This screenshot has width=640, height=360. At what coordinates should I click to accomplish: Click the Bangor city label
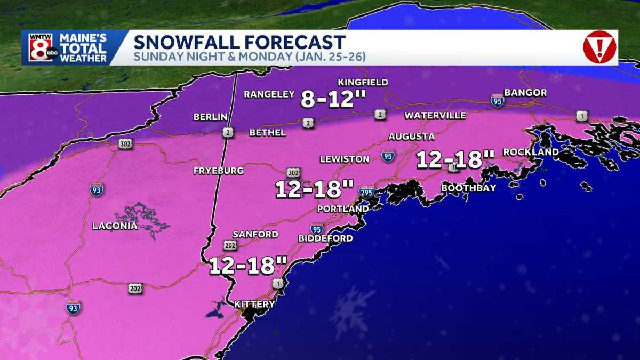tap(525, 93)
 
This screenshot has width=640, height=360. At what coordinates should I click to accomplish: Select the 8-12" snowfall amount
tap(327, 99)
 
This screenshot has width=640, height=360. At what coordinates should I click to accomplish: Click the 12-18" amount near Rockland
tap(455, 159)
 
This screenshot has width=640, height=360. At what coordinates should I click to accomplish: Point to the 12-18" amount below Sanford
tap(248, 265)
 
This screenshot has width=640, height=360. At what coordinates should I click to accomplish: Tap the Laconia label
tap(115, 226)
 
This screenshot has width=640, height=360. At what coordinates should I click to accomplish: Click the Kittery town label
tap(254, 305)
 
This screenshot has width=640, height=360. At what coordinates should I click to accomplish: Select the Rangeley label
tap(269, 95)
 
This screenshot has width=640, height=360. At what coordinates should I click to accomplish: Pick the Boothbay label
tap(469, 188)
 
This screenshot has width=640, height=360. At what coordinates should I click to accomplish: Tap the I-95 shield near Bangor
tap(498, 101)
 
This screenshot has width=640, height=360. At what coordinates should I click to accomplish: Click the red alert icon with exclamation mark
tap(599, 47)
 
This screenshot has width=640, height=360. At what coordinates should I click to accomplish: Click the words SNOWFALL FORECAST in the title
tap(239, 42)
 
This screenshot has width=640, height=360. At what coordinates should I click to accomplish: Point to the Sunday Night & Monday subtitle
tap(250, 57)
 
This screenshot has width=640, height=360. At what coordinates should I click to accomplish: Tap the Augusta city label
tap(411, 137)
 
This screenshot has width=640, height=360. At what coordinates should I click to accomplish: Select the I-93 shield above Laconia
tap(97, 189)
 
